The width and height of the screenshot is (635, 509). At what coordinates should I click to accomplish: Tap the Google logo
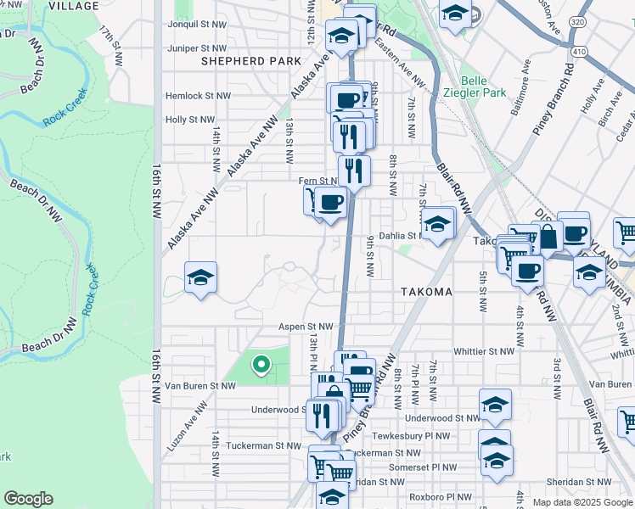click(x=28, y=499)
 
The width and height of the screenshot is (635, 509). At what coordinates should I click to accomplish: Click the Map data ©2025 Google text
click(x=582, y=502)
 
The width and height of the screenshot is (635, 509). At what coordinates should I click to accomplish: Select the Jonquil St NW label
click(x=197, y=26)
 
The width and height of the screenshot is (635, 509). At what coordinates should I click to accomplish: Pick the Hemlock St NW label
click(x=197, y=97)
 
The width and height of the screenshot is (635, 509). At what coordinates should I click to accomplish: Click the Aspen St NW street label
click(x=307, y=326)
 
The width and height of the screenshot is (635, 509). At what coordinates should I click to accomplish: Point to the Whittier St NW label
click(x=484, y=351)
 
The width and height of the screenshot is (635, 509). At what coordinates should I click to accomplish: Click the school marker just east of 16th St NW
click(x=200, y=277)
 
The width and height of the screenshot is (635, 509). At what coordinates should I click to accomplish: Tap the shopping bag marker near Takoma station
click(x=548, y=238)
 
